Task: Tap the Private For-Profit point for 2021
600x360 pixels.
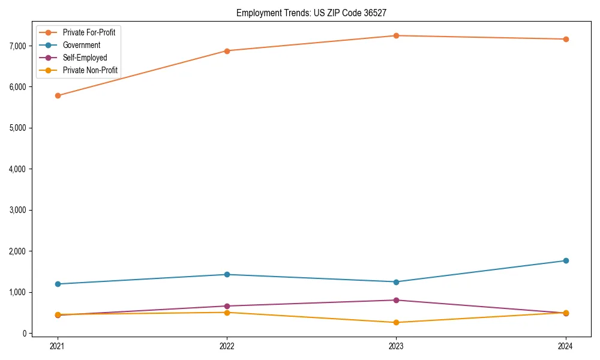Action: [58, 95]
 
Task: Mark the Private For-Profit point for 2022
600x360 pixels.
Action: [227, 51]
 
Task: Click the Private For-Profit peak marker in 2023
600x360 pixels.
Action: [396, 35]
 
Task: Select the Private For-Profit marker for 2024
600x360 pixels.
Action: [566, 39]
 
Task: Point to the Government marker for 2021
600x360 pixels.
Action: [58, 284]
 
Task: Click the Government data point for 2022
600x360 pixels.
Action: [227, 274]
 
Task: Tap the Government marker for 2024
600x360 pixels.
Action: [566, 260]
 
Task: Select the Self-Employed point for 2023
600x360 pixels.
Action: [396, 300]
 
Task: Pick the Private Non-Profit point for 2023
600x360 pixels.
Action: [396, 322]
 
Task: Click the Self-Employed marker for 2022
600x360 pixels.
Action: [227, 306]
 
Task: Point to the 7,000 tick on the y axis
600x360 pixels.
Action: [18, 46]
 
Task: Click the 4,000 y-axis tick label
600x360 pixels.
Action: [18, 169]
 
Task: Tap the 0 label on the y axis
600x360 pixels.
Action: [25, 334]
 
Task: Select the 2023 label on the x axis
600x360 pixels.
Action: [396, 346]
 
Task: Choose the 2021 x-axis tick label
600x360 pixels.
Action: [58, 346]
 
